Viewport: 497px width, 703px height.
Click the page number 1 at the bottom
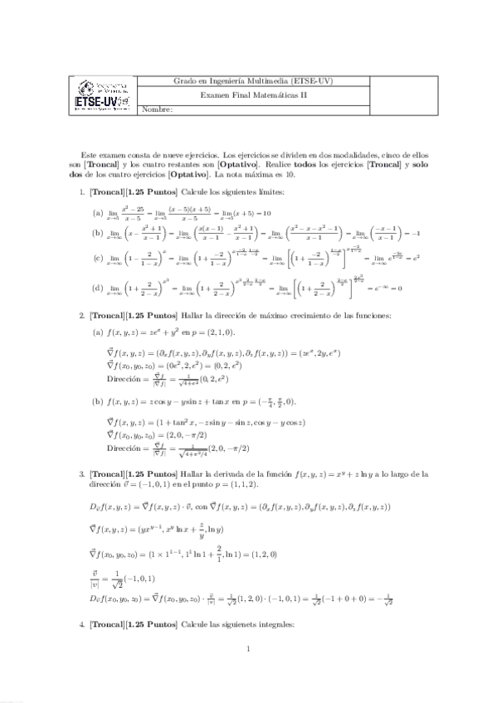pos(248,672)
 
